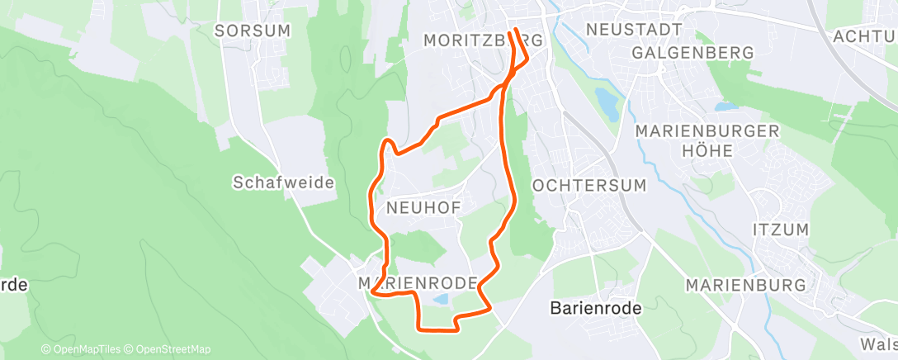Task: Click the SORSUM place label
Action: [x=241, y=31]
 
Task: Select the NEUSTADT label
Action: [x=634, y=29]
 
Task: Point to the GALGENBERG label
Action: [x=692, y=52]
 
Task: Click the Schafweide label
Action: [x=283, y=182]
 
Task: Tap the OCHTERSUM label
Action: [x=589, y=185]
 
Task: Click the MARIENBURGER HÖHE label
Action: [x=708, y=140]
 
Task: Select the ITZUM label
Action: [x=781, y=229]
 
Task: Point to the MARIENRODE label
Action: [x=418, y=283]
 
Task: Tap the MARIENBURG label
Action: [x=746, y=285]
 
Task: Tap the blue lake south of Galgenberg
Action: [x=726, y=107]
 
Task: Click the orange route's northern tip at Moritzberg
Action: [x=515, y=31]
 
